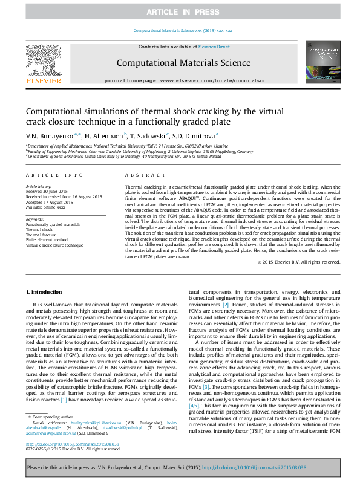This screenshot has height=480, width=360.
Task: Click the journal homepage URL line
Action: coord(180,80)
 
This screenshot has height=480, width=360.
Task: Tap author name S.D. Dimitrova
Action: coord(194,136)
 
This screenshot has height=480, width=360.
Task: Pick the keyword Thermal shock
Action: coord(39,230)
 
